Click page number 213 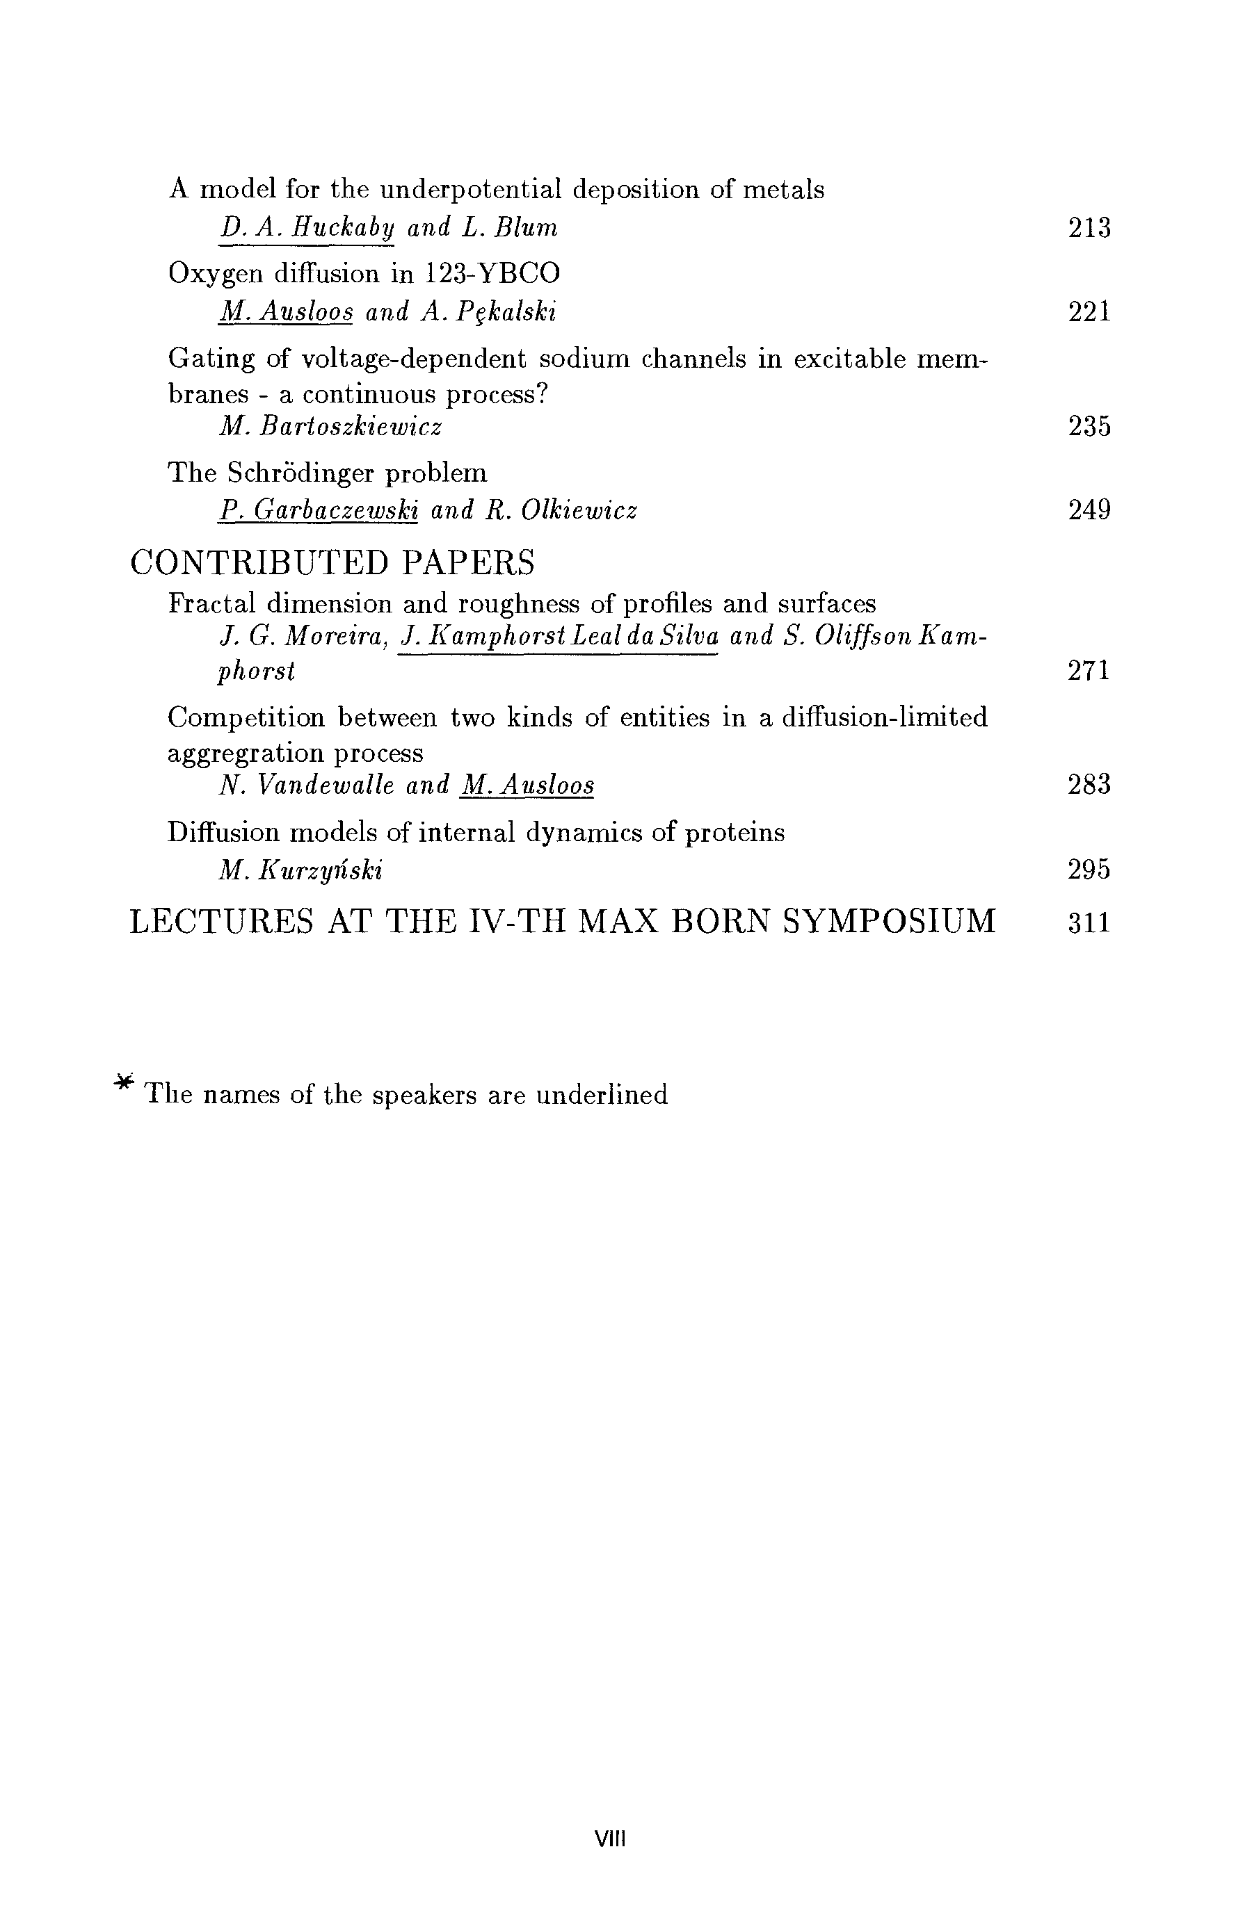coord(1089,228)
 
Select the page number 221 coord(1089,312)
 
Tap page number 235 coord(1089,426)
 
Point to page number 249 coord(1089,511)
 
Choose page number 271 coord(1089,671)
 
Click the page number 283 coord(1089,786)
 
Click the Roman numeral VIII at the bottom coord(611,1839)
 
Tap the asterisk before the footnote coord(123,1082)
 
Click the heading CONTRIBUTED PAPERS coord(332,562)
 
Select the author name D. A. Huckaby coord(307,228)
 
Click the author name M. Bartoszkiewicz coord(330,426)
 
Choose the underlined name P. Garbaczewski coord(319,511)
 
